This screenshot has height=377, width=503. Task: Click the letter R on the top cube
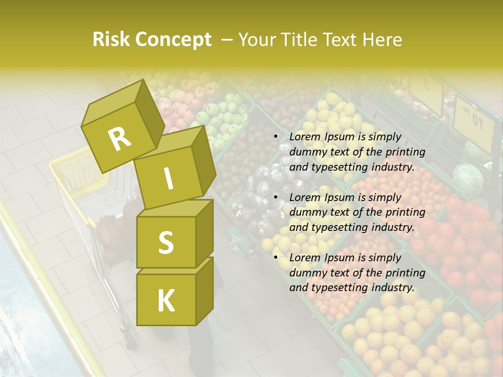pos(120,139)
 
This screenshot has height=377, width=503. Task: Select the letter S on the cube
pos(166,242)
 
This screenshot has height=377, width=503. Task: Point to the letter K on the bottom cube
pos(166,302)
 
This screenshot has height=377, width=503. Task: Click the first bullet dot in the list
pos(276,137)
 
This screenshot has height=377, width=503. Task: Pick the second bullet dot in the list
pos(276,198)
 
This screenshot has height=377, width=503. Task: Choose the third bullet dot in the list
pos(276,258)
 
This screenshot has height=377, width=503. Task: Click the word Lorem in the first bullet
pos(303,137)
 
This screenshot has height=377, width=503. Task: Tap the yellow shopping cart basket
pos(79,173)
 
